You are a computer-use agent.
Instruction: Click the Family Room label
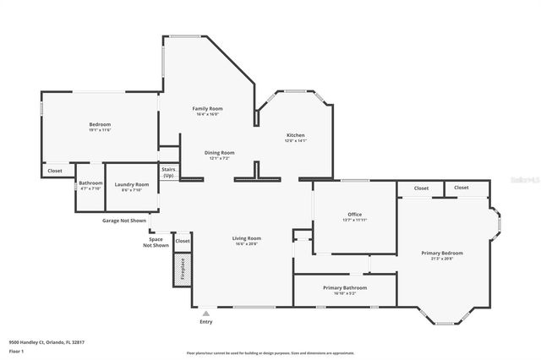point(207,108)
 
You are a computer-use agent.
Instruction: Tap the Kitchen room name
point(295,135)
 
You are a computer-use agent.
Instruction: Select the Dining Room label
point(219,152)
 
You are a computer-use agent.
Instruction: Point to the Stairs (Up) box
point(168,172)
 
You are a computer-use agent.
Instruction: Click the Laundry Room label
point(132,184)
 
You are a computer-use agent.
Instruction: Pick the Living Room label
point(247,238)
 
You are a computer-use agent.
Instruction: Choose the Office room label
point(355,215)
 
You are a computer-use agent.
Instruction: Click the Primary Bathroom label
point(344,288)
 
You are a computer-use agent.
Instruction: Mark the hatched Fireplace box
point(182,270)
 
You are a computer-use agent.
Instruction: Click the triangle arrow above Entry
point(205,313)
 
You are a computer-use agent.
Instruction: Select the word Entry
point(205,322)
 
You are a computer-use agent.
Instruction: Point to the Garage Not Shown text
point(124,221)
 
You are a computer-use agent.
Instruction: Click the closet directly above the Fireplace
point(182,241)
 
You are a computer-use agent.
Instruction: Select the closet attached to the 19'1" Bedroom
point(55,171)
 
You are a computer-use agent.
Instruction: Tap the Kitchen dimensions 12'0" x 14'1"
point(295,142)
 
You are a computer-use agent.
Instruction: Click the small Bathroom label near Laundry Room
point(90,183)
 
